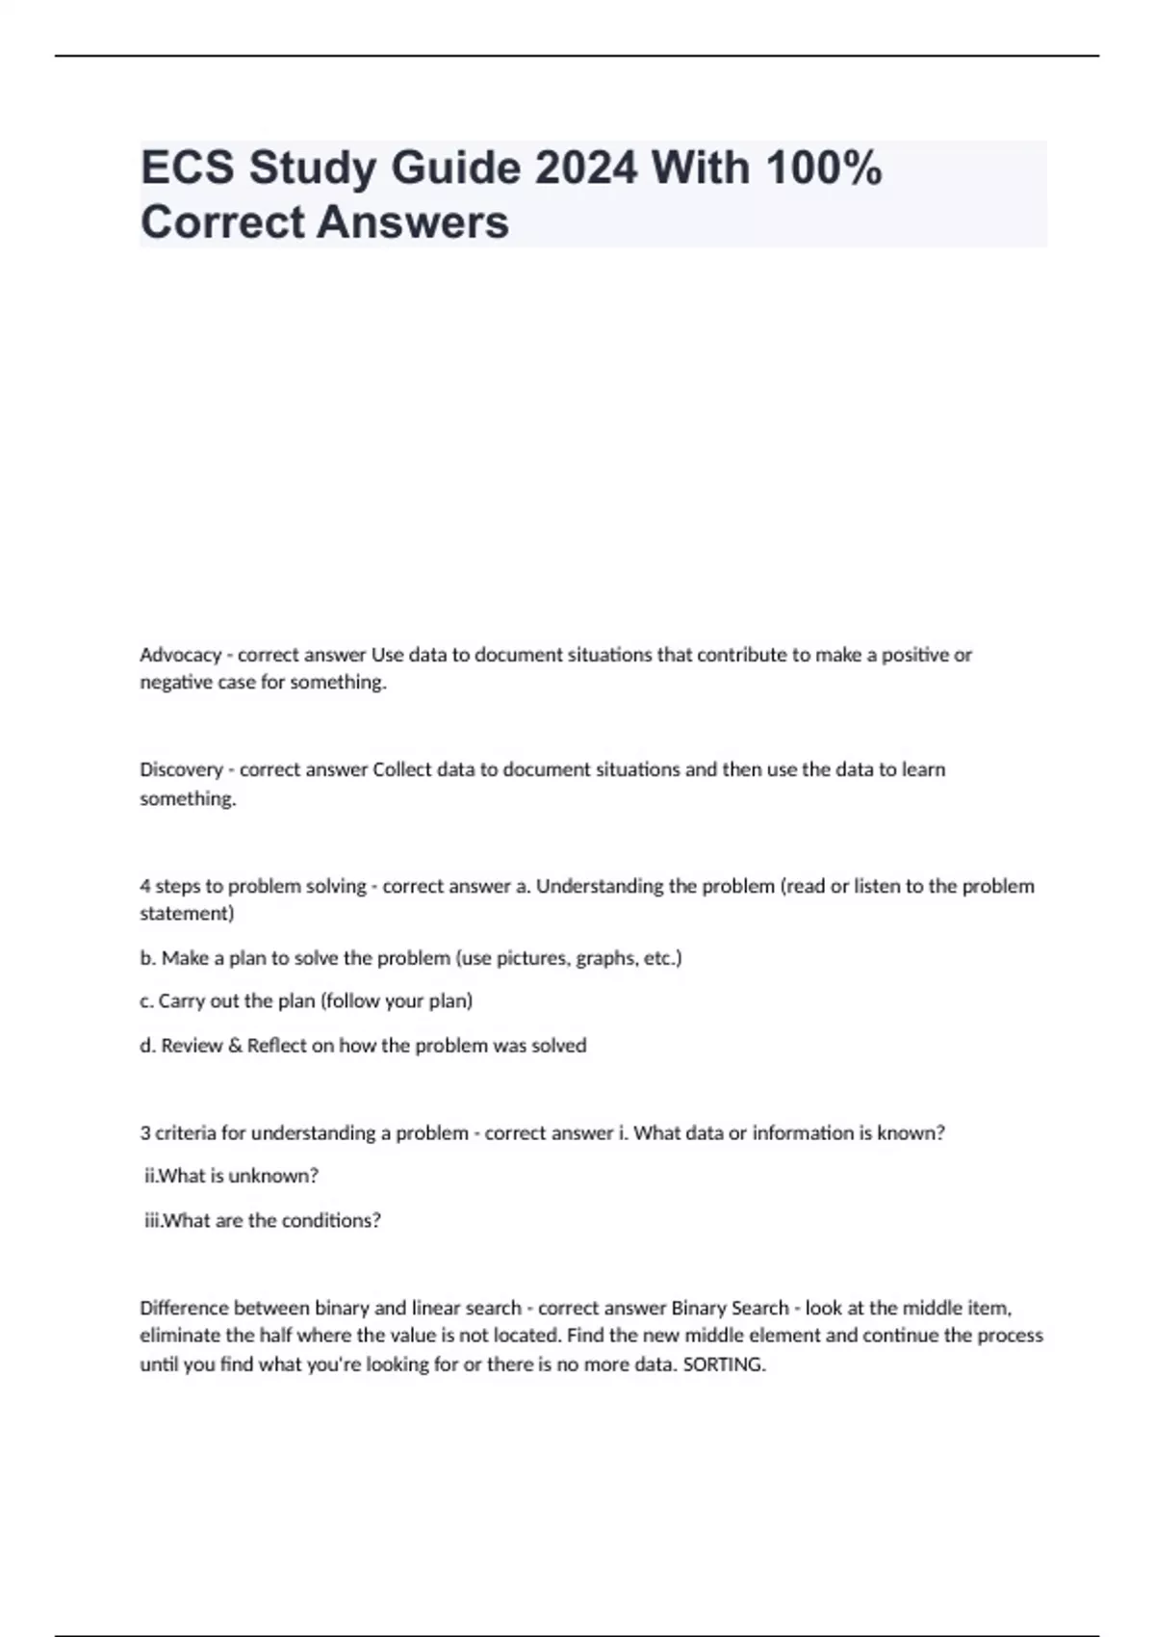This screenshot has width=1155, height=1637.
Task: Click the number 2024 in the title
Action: point(585,169)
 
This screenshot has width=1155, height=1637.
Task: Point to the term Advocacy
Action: point(180,655)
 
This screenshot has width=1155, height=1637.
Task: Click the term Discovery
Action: point(181,769)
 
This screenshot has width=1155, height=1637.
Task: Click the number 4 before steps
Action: point(145,886)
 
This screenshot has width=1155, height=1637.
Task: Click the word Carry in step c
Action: point(180,1001)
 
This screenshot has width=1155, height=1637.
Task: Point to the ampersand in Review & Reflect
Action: point(235,1046)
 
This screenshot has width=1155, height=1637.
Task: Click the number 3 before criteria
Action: point(145,1133)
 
